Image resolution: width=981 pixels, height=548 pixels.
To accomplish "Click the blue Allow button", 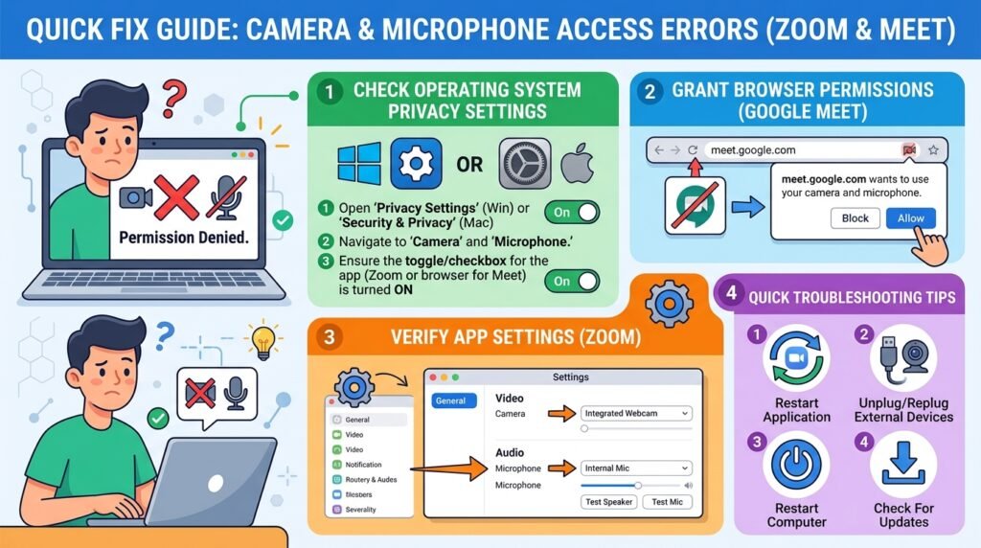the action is click(x=911, y=218).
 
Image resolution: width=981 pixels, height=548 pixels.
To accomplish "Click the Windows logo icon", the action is click(x=359, y=164).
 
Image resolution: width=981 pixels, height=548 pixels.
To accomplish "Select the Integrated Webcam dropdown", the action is click(x=636, y=414).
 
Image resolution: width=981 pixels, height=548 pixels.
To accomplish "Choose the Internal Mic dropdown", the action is click(x=636, y=468).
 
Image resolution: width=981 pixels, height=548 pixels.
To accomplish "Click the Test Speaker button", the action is click(x=608, y=502).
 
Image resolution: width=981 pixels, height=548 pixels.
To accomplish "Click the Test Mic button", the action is click(x=667, y=502).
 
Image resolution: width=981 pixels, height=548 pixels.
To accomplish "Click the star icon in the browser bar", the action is click(x=933, y=150).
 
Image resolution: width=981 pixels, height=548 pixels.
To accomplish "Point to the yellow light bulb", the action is click(x=263, y=341).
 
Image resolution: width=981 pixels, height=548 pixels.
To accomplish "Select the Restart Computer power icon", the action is click(x=796, y=465).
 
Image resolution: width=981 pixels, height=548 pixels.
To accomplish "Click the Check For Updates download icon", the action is click(x=902, y=463).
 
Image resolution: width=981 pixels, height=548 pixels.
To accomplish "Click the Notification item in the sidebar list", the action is click(x=363, y=465).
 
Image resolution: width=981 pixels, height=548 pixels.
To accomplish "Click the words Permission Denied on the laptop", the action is click(x=184, y=238).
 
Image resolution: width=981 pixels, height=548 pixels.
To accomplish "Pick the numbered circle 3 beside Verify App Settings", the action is click(x=330, y=337).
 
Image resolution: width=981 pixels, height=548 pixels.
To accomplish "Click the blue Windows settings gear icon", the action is click(x=416, y=164).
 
